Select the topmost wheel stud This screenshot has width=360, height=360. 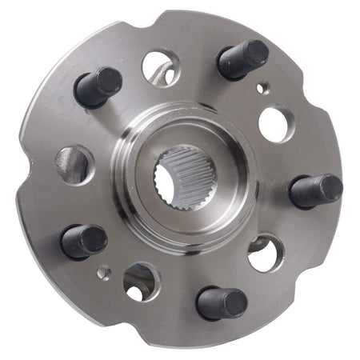point(242,59)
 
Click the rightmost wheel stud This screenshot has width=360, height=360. point(315,190)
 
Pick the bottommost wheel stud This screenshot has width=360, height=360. point(221,302)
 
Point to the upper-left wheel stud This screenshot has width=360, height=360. point(98,86)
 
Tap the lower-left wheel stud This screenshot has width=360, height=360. point(84,241)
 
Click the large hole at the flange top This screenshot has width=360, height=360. point(161,69)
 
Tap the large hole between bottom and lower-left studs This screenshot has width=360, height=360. point(142,281)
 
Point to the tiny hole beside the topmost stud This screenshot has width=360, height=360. point(262,87)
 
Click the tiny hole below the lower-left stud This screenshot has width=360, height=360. point(103,273)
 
